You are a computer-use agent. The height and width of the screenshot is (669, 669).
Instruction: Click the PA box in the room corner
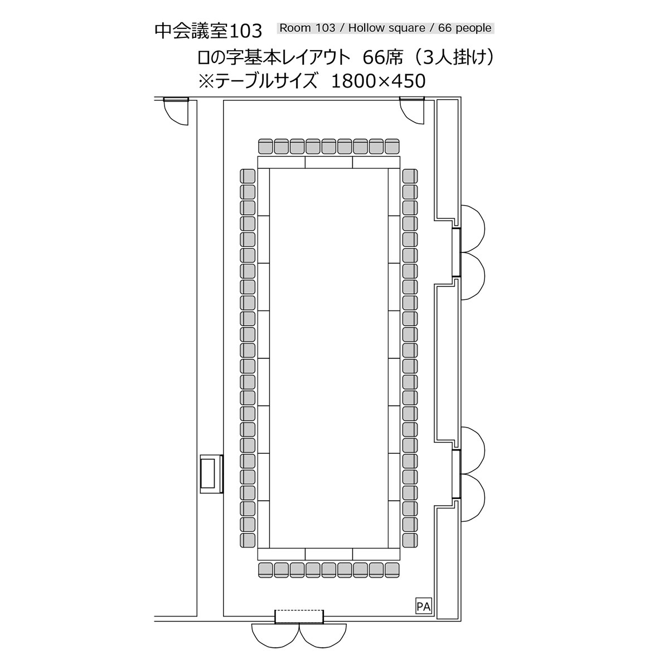click(423, 606)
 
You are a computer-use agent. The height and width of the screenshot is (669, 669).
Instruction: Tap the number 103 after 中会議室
click(246, 31)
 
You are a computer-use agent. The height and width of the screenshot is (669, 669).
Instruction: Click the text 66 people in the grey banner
click(465, 28)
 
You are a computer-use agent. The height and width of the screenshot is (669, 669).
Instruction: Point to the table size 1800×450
click(379, 81)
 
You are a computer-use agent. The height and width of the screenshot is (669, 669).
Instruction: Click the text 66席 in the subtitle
click(382, 57)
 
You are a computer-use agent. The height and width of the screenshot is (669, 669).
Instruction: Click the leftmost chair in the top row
click(265, 146)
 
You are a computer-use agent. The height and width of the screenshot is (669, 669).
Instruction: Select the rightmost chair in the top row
click(392, 146)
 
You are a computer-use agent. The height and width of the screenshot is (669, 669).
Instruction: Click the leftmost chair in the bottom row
click(265, 570)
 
